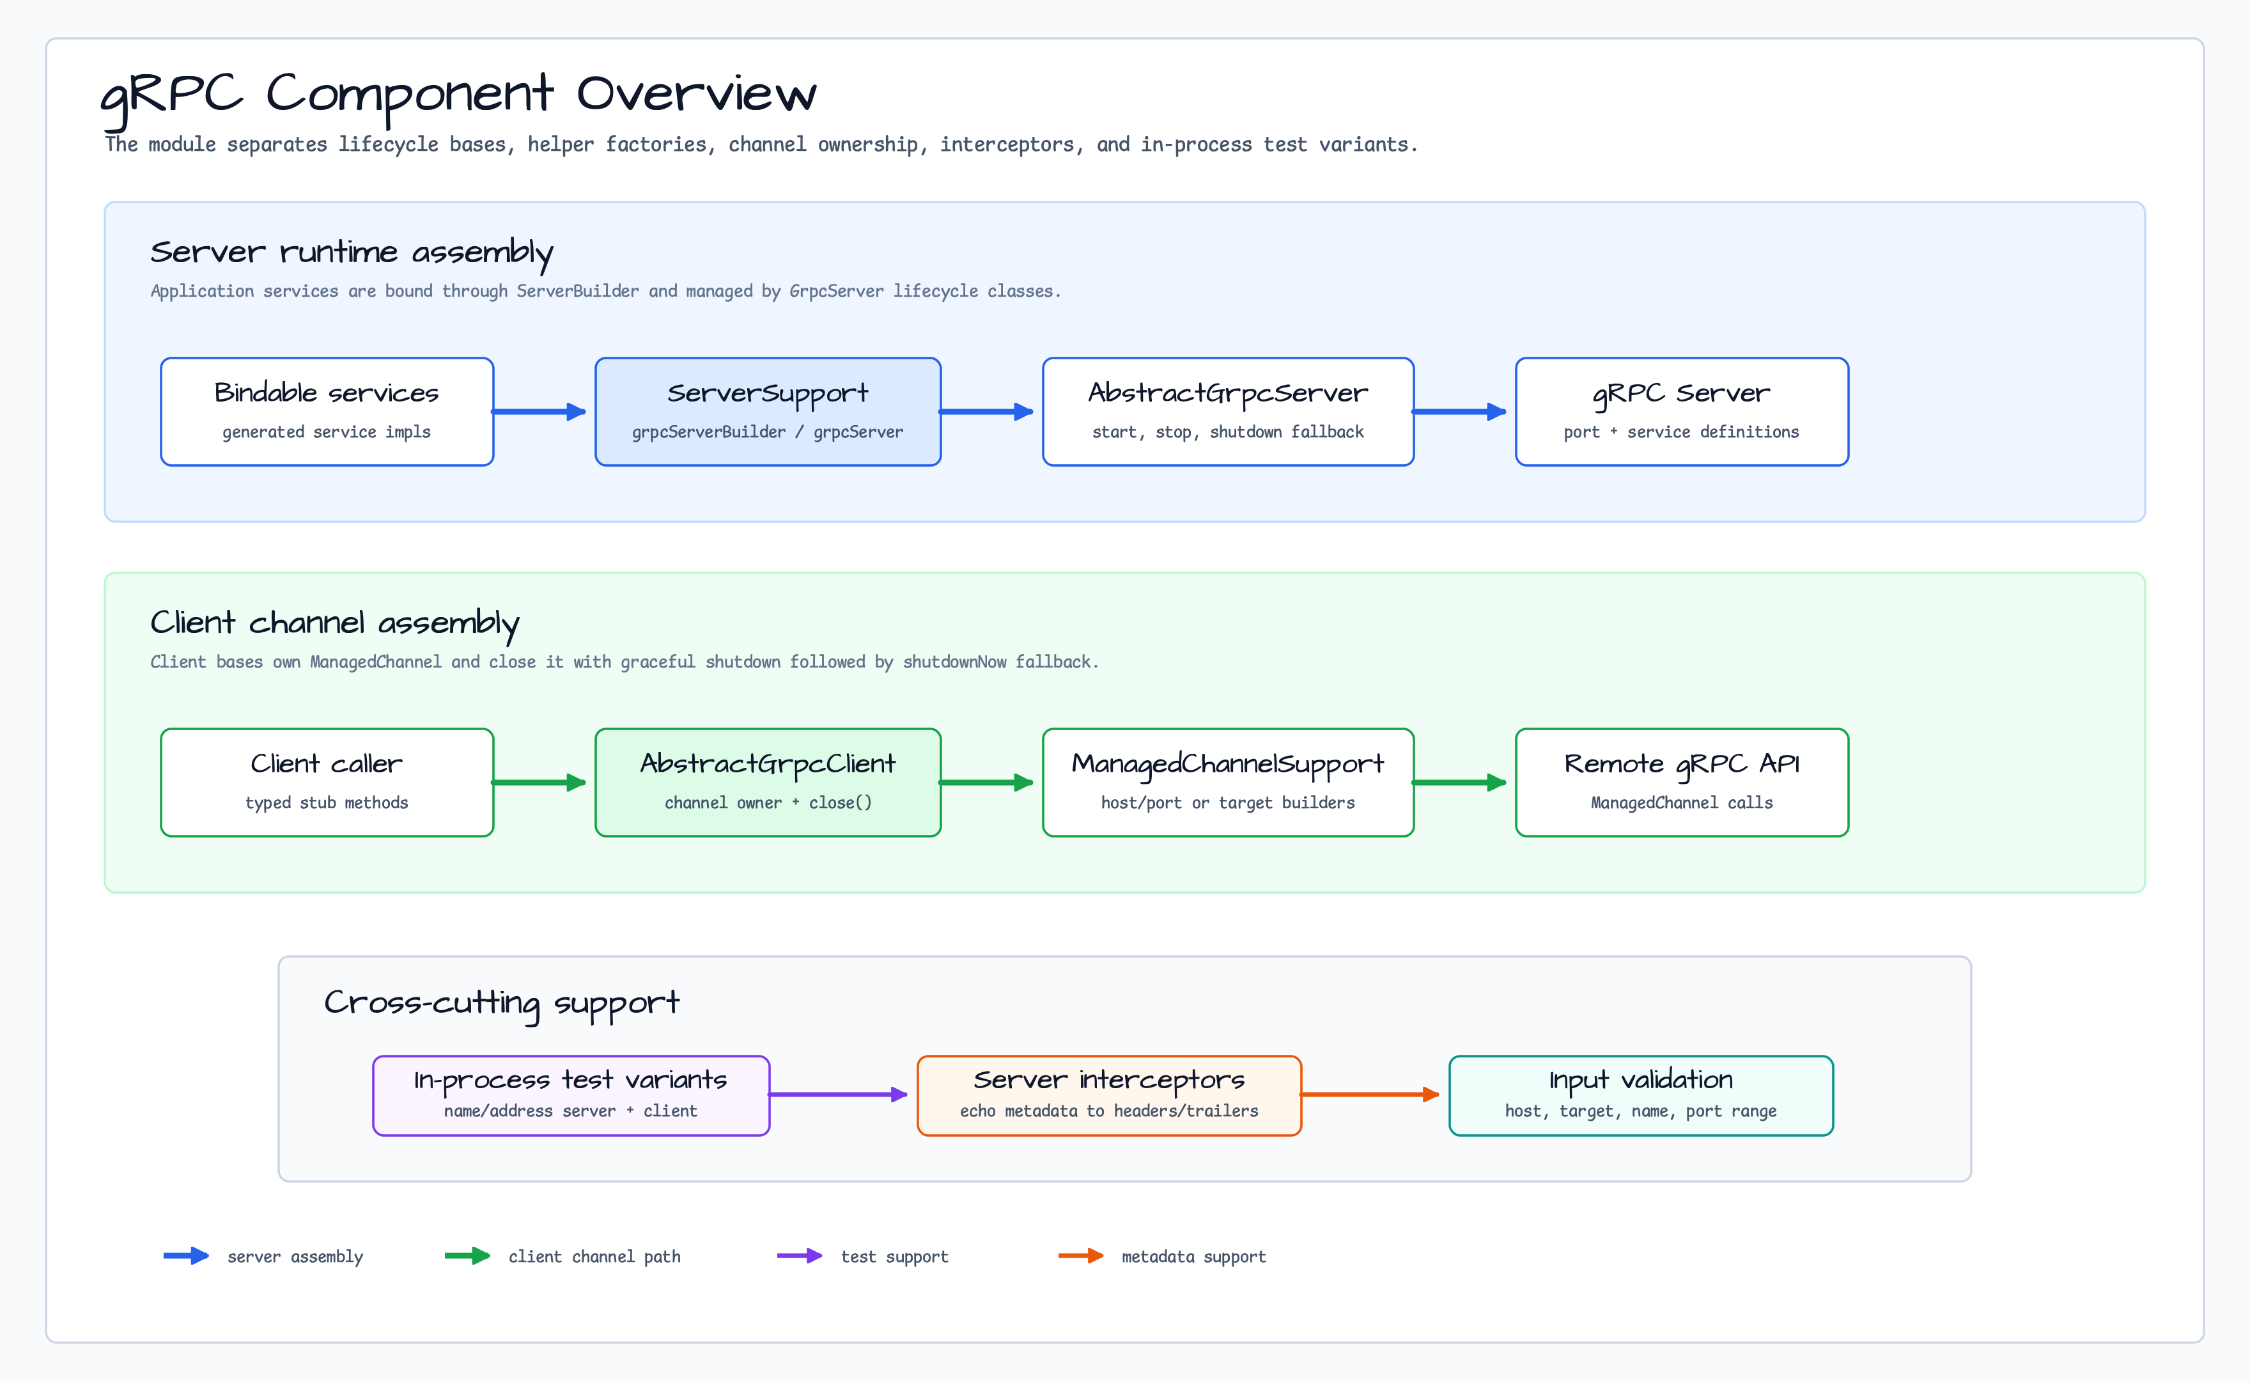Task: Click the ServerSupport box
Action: click(768, 412)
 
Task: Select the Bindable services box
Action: click(327, 412)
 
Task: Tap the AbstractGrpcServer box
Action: click(1228, 412)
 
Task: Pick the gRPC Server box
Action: click(1682, 412)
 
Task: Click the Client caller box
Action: click(327, 783)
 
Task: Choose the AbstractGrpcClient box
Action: click(768, 783)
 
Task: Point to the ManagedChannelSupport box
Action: click(1228, 783)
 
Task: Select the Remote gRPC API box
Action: click(1682, 783)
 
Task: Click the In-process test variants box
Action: click(571, 1096)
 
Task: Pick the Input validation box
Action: click(1641, 1096)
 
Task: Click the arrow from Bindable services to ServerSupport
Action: click(539, 412)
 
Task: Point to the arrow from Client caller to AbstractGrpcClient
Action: click(539, 783)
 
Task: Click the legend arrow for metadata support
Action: click(1081, 1256)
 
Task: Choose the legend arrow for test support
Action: click(800, 1256)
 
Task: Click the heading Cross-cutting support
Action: click(502, 1004)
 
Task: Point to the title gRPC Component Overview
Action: click(458, 96)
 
